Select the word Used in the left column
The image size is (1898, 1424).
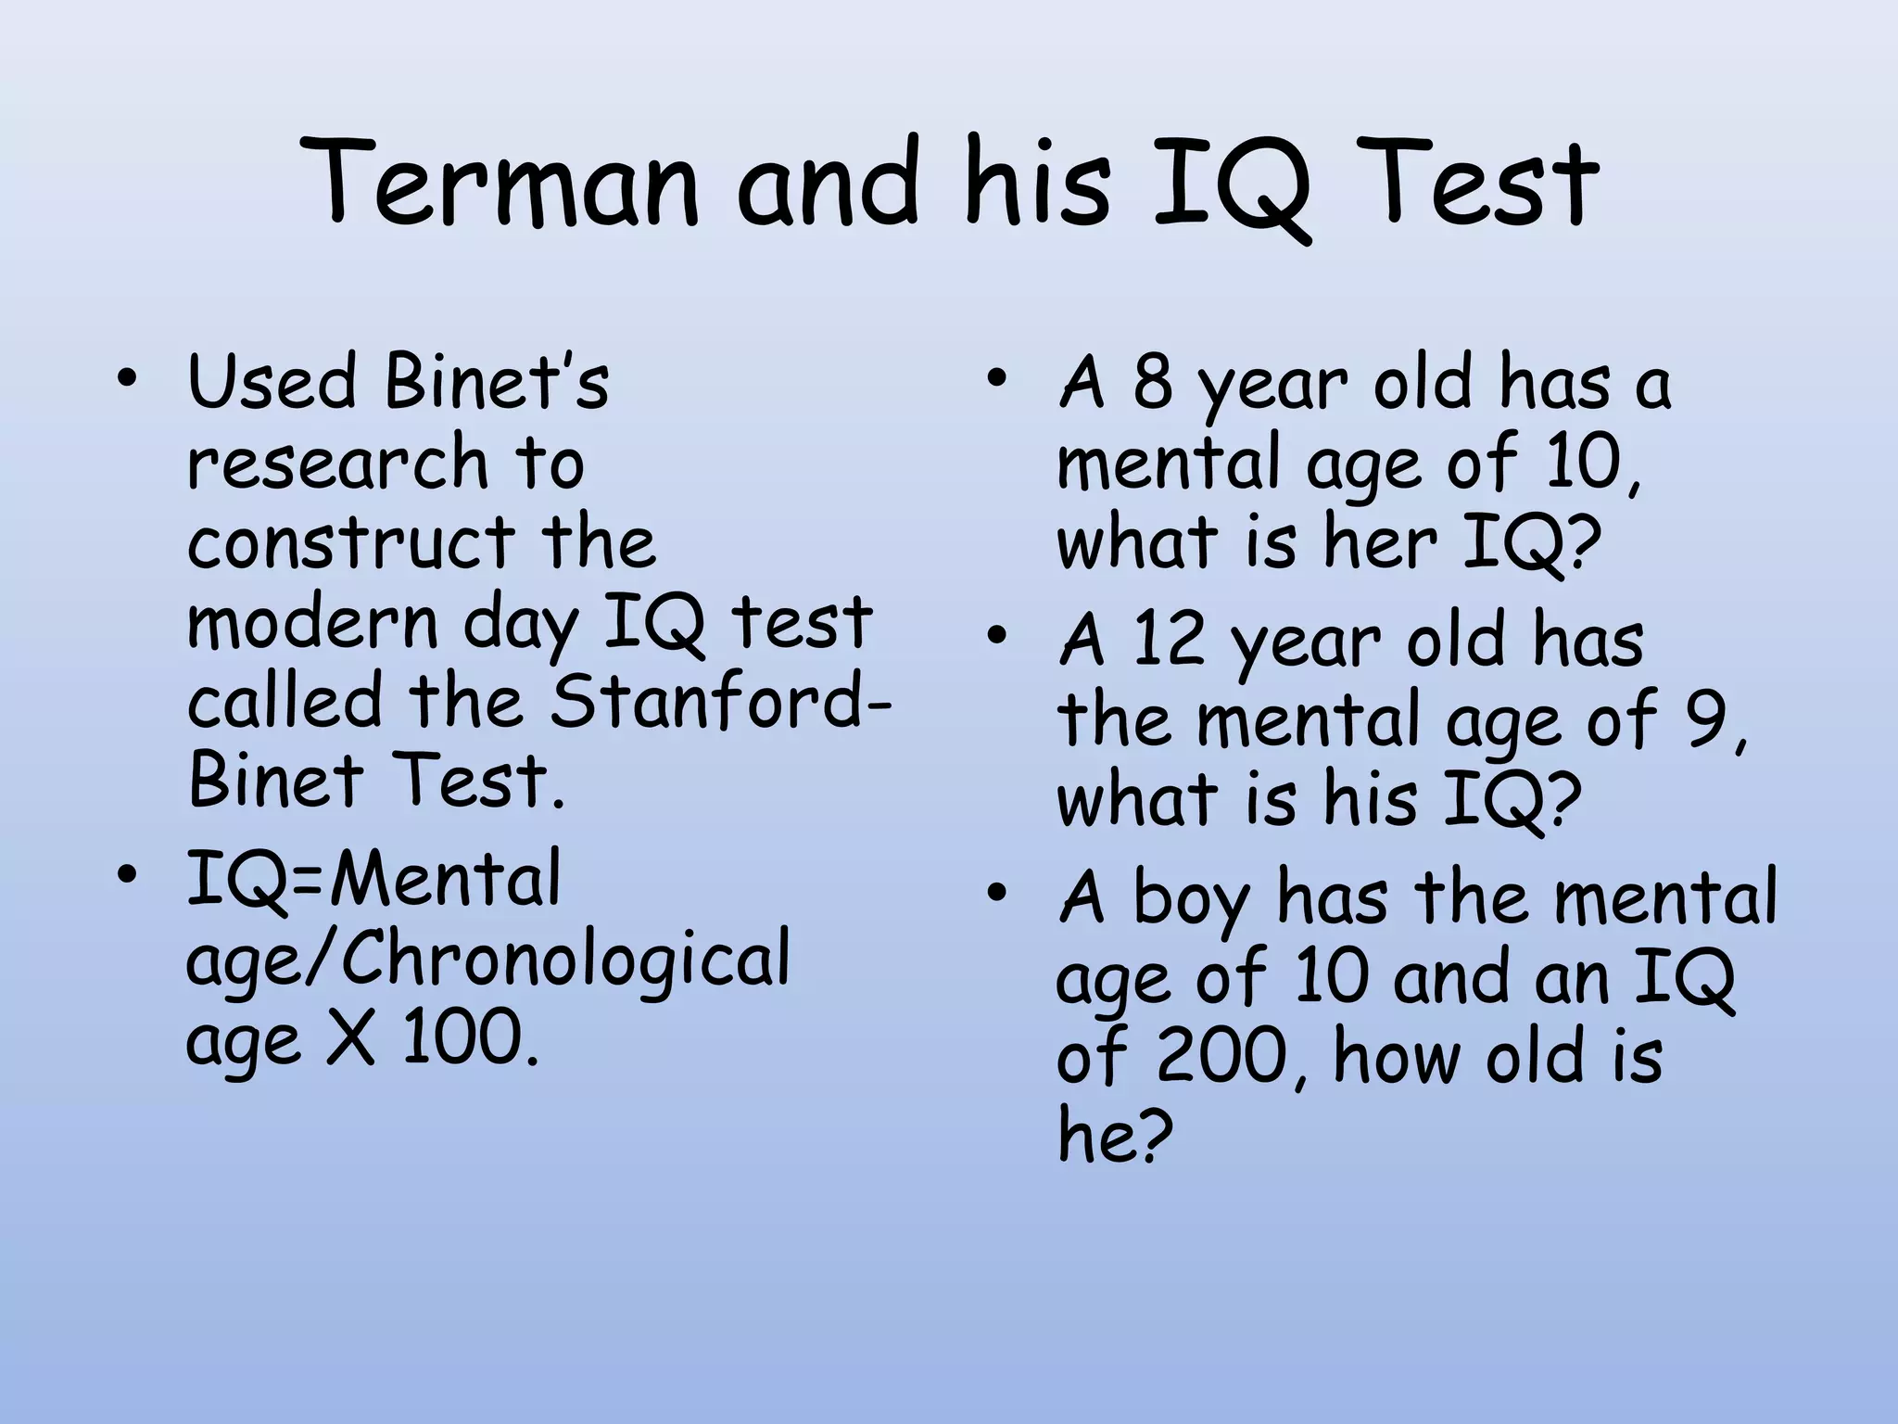272,382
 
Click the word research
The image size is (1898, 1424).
337,462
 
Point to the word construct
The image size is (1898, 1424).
350,541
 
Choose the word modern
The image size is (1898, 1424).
312,621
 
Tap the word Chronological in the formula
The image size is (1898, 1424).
566,959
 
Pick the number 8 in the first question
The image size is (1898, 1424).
1152,382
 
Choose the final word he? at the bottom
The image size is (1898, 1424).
1115,1137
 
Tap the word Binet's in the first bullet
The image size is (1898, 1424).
497,382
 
